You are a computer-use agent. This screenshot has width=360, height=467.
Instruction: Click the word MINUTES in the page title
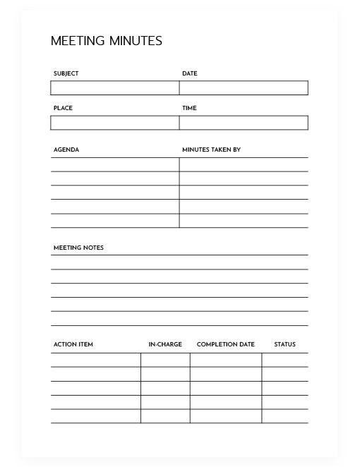[x=136, y=41]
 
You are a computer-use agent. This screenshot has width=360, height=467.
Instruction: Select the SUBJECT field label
[x=66, y=73]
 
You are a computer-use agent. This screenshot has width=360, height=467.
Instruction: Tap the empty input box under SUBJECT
[x=114, y=88]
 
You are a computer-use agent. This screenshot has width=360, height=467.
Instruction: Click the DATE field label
[x=189, y=73]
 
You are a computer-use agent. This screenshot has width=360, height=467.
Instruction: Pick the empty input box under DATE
[x=244, y=88]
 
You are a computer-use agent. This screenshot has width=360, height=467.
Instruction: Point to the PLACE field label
[x=63, y=108]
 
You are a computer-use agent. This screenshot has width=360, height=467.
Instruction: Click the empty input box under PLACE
[x=114, y=123]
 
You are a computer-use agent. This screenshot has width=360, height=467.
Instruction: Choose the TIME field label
[x=189, y=108]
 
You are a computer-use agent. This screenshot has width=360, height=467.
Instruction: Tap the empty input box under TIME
[x=244, y=123]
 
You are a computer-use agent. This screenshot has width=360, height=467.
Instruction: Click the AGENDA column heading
[x=66, y=150]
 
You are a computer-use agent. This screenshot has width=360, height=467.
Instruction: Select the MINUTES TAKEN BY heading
[x=211, y=150]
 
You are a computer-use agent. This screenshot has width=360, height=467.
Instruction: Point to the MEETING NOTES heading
[x=78, y=248]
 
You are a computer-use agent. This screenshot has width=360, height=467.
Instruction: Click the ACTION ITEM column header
[x=73, y=344]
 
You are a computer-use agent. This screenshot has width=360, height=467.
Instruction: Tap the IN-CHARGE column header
[x=165, y=344]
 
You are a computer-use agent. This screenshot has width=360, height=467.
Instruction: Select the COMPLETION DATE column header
[x=225, y=344]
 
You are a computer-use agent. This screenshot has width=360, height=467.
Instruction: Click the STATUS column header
[x=284, y=344]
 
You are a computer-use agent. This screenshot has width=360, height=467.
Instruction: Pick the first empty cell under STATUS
[x=284, y=360]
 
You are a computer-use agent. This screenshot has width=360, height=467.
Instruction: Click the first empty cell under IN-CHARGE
[x=165, y=360]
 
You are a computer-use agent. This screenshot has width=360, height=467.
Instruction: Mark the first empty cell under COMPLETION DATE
[x=225, y=360]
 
